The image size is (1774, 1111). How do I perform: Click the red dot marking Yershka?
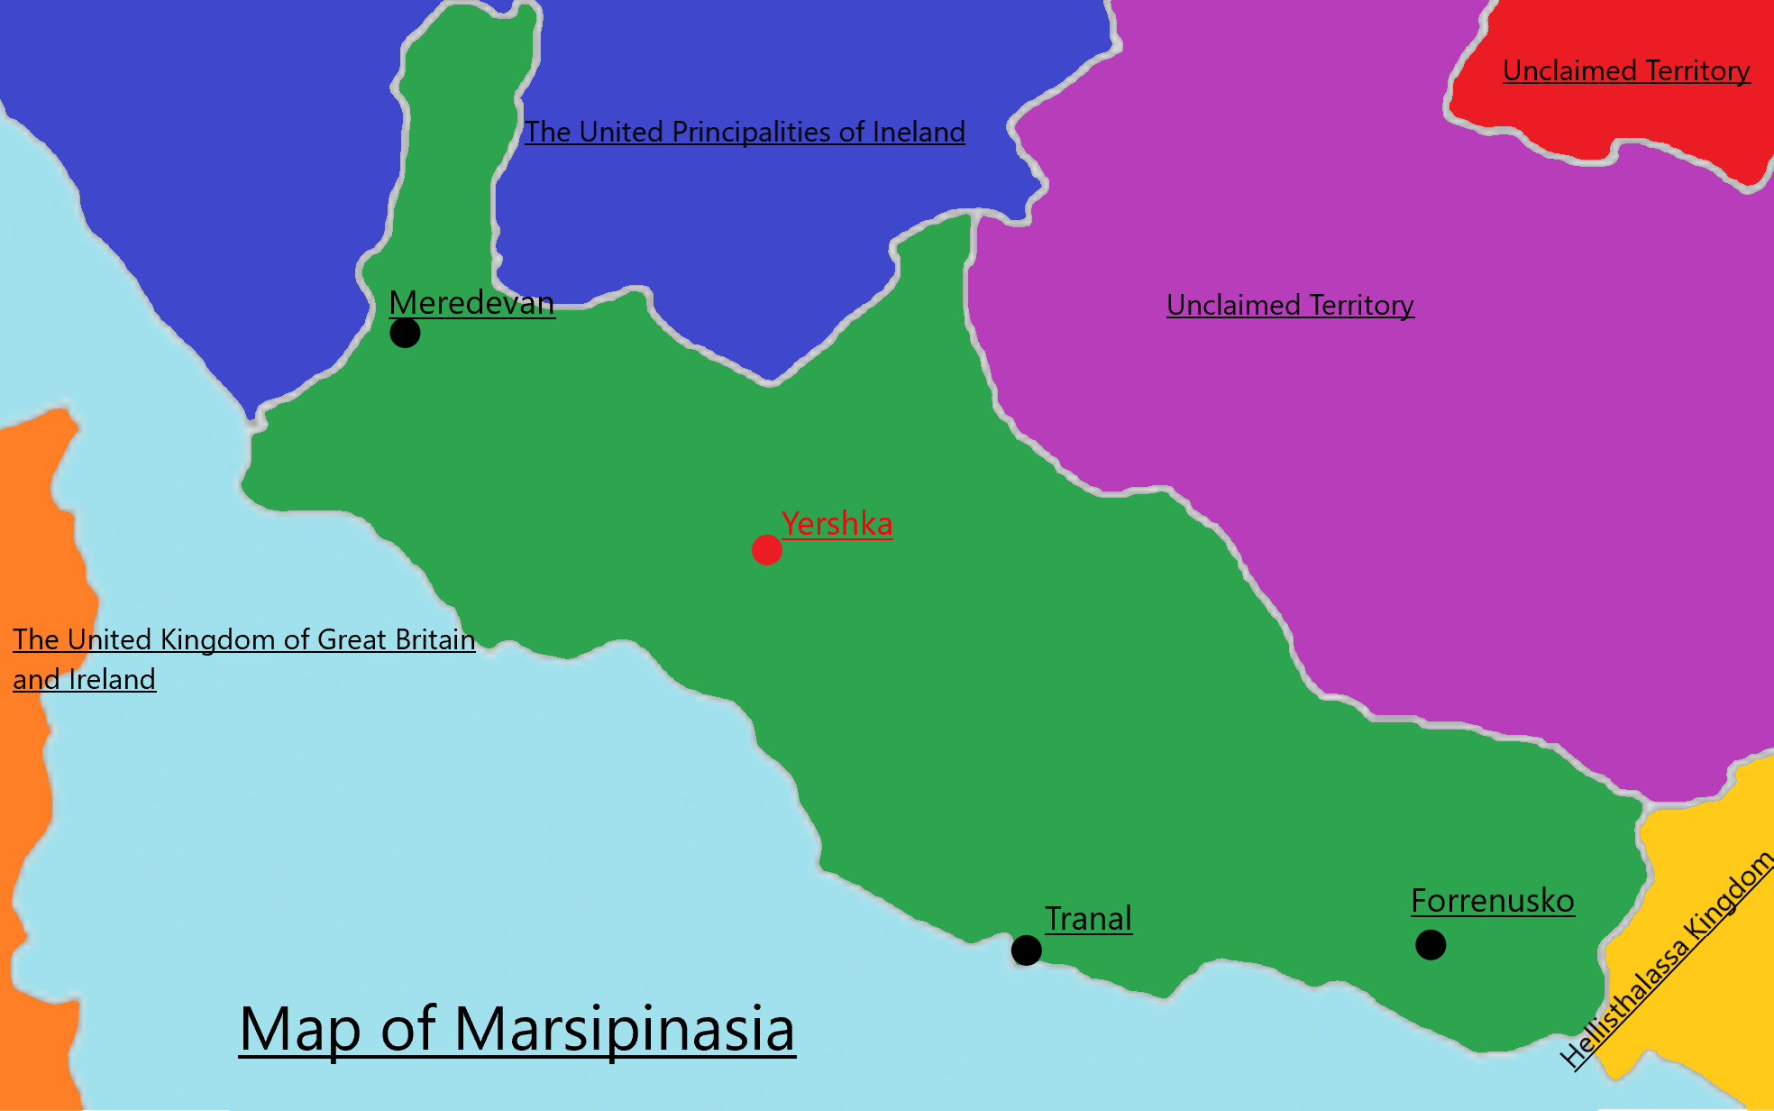click(766, 549)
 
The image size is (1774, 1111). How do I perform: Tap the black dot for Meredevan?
click(405, 333)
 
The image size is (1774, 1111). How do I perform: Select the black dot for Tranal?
click(1026, 950)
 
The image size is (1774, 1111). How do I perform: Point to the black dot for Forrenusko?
click(1431, 944)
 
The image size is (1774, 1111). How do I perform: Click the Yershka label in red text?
click(837, 524)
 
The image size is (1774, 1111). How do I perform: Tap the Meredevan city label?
click(471, 303)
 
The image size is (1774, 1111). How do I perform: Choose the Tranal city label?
click(1088, 919)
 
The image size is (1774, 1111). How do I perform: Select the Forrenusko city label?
click(1493, 901)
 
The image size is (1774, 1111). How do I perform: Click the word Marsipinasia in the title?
click(624, 1029)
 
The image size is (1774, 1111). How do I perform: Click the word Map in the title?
click(300, 1029)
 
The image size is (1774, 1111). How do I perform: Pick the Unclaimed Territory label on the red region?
click(1626, 71)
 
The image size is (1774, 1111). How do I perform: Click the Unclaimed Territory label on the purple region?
click(1290, 306)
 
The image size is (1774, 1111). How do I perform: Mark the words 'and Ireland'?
click(84, 679)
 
